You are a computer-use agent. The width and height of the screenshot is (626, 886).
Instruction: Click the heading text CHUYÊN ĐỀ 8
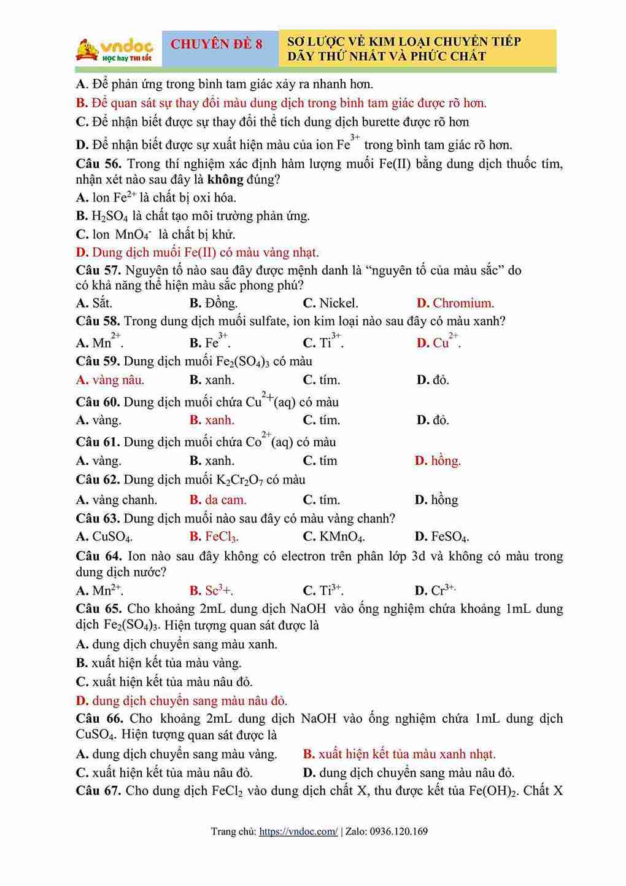click(x=216, y=44)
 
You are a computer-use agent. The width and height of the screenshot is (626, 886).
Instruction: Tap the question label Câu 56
click(x=98, y=164)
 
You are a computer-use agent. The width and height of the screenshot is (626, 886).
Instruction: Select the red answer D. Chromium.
click(x=455, y=303)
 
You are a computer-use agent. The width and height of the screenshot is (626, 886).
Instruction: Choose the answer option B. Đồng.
click(x=213, y=303)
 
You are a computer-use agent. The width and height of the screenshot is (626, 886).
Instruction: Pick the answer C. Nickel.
click(x=330, y=303)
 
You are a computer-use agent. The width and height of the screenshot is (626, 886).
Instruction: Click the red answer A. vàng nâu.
click(x=110, y=380)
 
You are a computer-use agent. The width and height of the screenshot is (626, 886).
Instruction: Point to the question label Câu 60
click(x=98, y=402)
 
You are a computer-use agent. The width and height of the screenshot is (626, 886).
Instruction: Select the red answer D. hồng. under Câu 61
click(x=438, y=460)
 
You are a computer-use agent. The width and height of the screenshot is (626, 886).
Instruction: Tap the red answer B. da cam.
click(x=218, y=500)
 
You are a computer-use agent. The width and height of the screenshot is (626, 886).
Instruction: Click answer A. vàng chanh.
click(x=117, y=500)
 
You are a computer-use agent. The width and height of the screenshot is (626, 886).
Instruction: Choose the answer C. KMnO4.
click(x=334, y=537)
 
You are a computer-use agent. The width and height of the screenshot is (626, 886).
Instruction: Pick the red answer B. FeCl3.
click(x=214, y=537)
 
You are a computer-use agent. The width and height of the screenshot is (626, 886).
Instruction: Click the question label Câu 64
click(x=98, y=556)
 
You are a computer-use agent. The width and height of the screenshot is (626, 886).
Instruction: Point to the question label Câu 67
click(x=98, y=791)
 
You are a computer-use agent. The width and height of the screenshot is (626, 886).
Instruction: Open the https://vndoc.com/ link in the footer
click(x=298, y=831)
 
